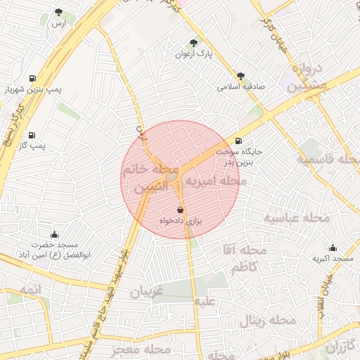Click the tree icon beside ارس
pos(58,12)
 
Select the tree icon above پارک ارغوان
pos(194,42)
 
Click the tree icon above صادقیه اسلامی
pos(241,75)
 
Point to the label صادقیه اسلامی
pos(240,87)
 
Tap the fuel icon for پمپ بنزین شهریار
pos(32,78)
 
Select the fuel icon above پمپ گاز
pos(32,134)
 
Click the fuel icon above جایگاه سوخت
pos(239,141)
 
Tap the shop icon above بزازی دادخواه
pos(180,210)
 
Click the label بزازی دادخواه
pos(180,221)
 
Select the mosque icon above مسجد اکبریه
pos(333,247)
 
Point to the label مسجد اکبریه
pos(333,259)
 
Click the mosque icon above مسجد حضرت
pos(54,234)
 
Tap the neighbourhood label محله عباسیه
pos(297,217)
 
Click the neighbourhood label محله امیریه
pos(215,181)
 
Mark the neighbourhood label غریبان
pos(147,290)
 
